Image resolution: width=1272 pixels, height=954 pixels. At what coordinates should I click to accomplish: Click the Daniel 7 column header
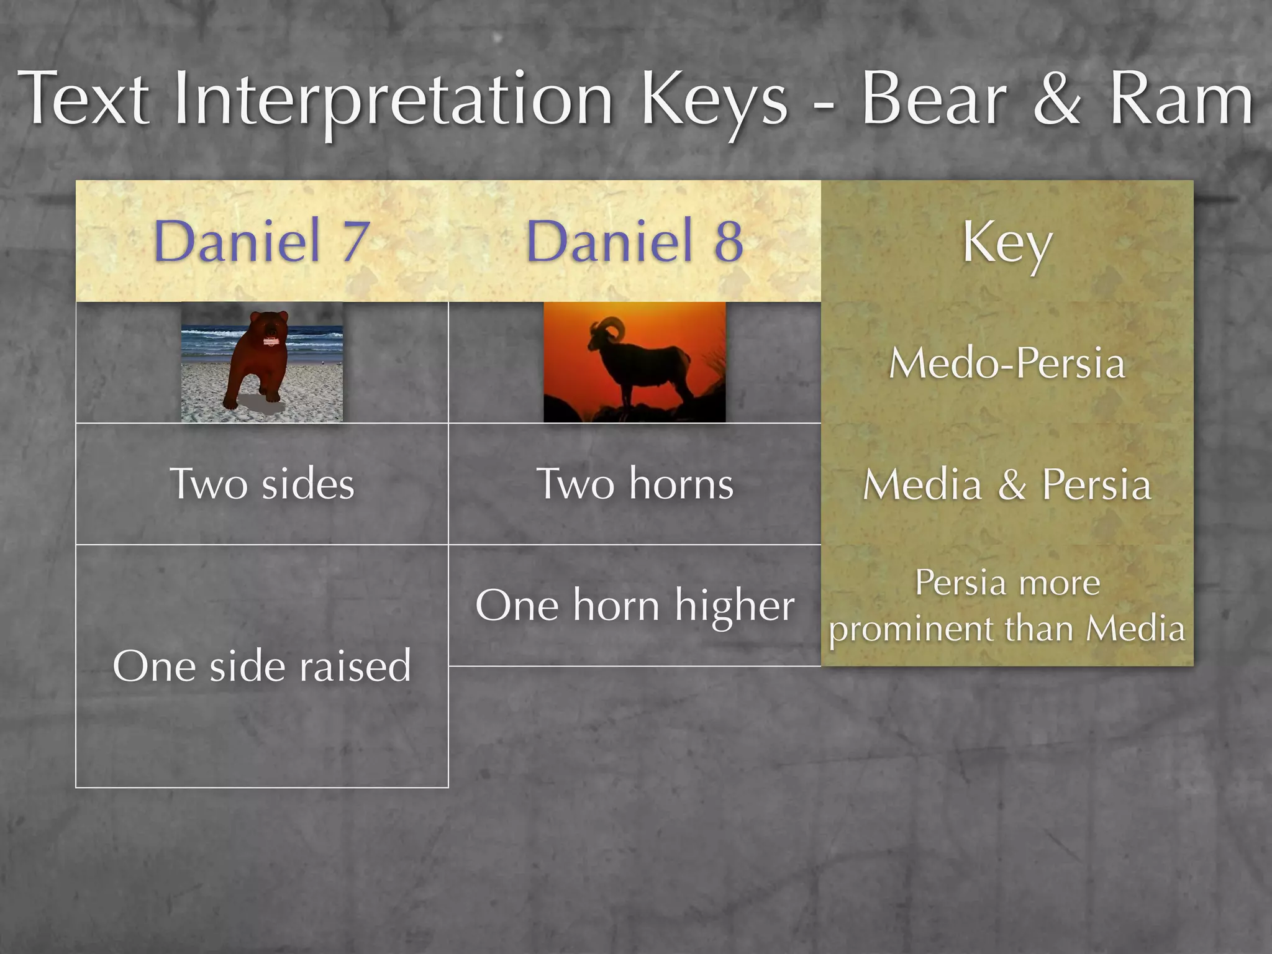261,241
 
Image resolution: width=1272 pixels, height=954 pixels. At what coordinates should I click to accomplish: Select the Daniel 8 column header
634,241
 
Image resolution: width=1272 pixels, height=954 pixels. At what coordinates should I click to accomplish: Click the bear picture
261,363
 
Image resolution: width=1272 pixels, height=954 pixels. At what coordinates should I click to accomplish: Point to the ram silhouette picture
634,363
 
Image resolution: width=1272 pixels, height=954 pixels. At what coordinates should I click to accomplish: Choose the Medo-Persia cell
1007,363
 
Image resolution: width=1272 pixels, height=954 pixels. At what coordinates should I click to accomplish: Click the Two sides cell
261,484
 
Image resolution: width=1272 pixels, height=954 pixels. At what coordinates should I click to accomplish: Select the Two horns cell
634,484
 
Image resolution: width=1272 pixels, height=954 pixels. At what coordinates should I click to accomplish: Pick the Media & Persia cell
1007,484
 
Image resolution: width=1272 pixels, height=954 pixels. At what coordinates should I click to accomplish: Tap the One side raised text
261,666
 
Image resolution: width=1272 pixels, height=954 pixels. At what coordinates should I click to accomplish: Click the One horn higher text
634,606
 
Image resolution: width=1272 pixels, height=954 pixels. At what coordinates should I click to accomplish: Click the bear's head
268,329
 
